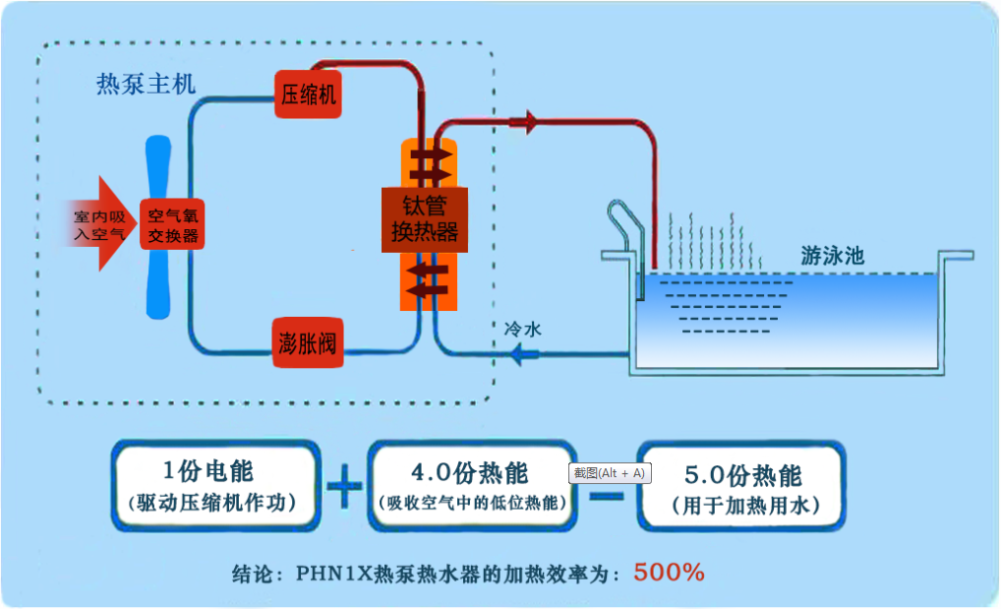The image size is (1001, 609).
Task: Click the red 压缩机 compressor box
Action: click(309, 94)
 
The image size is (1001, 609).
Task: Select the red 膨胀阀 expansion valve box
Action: click(308, 343)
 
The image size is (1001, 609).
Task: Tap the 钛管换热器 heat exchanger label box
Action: click(424, 219)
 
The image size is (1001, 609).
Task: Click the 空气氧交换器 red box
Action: click(171, 224)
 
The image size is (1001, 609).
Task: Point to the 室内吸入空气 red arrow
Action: click(98, 224)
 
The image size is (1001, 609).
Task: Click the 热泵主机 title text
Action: click(146, 85)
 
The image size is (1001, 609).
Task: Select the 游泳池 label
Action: click(832, 256)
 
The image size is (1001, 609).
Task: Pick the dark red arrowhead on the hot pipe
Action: click(524, 123)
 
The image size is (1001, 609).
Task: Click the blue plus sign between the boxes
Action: click(343, 487)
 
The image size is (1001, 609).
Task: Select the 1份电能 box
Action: click(216, 486)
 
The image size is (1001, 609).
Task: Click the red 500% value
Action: click(669, 572)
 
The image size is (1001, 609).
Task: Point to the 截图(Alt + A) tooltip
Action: click(610, 473)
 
